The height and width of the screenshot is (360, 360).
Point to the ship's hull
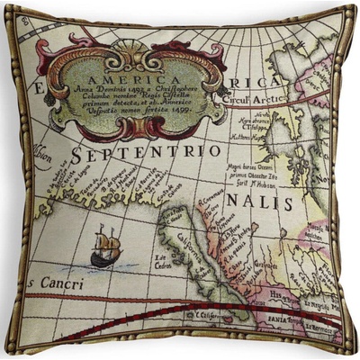click(x=104, y=258)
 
